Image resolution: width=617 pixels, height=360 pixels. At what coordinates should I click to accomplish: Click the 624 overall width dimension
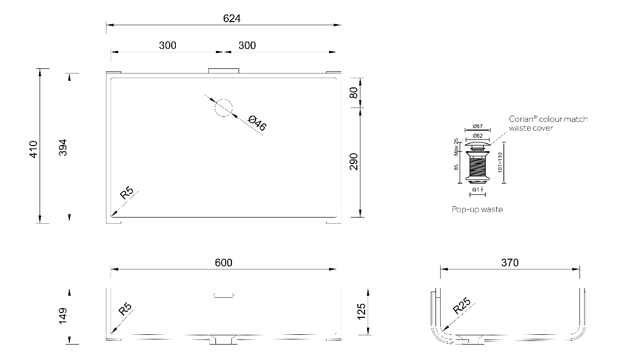[x=232, y=19]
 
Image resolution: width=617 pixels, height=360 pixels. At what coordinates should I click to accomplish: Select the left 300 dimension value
[x=168, y=45]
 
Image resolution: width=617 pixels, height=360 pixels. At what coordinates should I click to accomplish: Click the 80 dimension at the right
[x=353, y=93]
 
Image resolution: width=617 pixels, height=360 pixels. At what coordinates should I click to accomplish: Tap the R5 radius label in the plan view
[x=126, y=194]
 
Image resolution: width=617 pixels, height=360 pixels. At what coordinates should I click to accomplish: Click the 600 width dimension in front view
[x=224, y=263]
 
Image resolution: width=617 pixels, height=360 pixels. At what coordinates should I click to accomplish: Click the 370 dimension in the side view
[x=510, y=263]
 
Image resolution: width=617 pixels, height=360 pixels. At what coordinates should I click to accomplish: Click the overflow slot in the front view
[x=224, y=295]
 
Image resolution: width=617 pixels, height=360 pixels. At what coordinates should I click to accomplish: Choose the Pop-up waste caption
[x=477, y=209]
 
